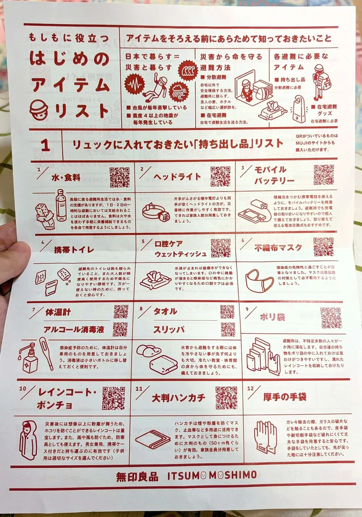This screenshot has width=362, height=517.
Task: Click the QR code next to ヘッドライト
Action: pyautogui.click(x=220, y=176)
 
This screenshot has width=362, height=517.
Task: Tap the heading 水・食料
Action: pyautogui.click(x=66, y=178)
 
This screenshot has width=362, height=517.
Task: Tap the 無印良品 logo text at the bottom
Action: pyautogui.click(x=137, y=476)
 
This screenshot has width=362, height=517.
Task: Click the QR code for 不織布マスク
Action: pyautogui.click(x=323, y=247)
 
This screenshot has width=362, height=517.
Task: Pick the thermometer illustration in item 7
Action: pyautogui.click(x=46, y=353)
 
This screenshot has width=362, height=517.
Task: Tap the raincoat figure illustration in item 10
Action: pyautogui.click(x=28, y=440)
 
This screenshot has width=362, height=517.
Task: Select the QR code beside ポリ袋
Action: pyautogui.click(x=331, y=318)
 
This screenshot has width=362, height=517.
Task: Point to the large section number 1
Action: pyautogui.click(x=45, y=145)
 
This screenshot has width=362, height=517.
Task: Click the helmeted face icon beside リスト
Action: pyautogui.click(x=39, y=109)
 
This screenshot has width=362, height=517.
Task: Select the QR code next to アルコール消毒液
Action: pyautogui.click(x=120, y=329)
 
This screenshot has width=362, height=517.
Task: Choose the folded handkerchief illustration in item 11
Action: pyautogui.click(x=153, y=439)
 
